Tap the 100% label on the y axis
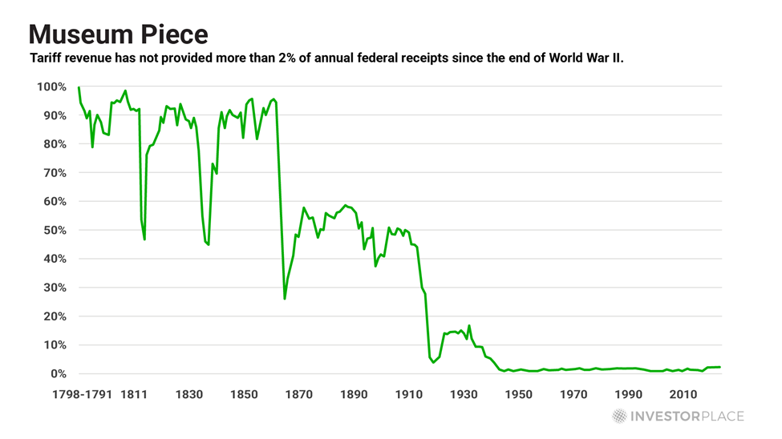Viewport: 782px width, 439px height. tap(51, 87)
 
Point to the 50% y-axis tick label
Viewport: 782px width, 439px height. tap(55, 230)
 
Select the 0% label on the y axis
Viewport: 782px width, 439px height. tap(58, 373)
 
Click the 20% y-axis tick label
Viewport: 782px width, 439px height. tap(55, 316)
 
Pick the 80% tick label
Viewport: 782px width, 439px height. tap(55, 144)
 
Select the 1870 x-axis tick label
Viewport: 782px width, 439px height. tap(298, 394)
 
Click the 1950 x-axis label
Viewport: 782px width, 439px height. tap(519, 394)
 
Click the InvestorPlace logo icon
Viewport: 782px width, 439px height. tap(619, 416)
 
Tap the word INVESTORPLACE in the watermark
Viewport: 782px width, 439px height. tap(687, 416)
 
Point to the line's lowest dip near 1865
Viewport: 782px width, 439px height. tap(285, 299)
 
